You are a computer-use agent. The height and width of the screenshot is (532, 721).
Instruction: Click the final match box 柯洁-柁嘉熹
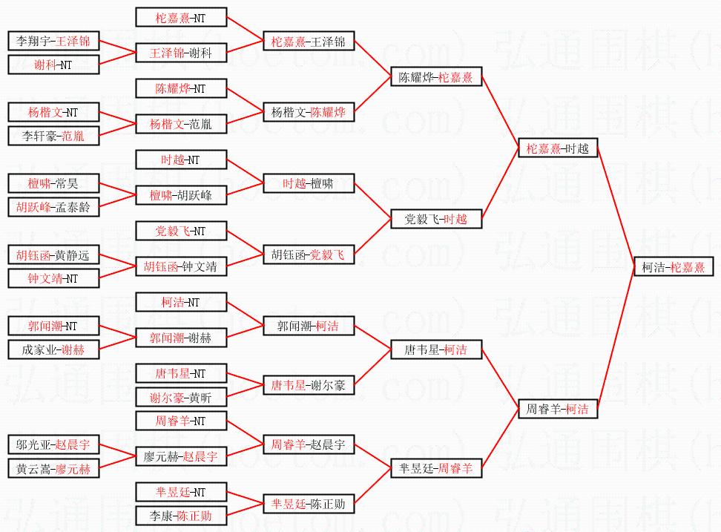click(674, 267)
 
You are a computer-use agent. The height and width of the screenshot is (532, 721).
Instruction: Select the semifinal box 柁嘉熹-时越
click(557, 148)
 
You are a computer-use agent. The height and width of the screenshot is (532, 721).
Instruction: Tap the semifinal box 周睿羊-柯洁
click(557, 408)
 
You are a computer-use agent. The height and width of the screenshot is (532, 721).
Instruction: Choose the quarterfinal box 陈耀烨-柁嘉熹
click(436, 77)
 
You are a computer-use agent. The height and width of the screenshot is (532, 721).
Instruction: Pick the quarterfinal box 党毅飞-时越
click(436, 219)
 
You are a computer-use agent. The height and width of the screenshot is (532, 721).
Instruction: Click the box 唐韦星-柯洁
click(436, 350)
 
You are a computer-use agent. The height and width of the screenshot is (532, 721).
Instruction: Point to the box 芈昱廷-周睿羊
click(436, 468)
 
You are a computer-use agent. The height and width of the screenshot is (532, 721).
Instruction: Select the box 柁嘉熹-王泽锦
click(309, 41)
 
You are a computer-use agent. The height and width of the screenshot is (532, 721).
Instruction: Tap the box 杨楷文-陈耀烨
click(309, 113)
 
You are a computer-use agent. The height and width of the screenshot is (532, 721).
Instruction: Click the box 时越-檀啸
click(309, 183)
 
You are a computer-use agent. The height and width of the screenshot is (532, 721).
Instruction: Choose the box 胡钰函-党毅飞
click(309, 254)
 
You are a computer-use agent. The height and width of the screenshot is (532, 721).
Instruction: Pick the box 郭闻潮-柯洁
click(309, 326)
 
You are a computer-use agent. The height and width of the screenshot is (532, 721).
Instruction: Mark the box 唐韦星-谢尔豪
click(309, 385)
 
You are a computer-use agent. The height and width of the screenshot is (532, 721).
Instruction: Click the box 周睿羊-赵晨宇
click(309, 445)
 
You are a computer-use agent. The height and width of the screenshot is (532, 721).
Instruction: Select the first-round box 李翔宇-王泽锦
click(53, 41)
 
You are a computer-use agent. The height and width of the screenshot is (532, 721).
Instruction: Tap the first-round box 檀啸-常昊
click(53, 183)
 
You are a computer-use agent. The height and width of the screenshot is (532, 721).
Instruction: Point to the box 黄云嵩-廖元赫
click(53, 469)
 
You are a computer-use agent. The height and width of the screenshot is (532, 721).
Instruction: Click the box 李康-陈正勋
click(181, 516)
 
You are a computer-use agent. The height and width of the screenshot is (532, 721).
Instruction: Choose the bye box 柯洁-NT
click(181, 302)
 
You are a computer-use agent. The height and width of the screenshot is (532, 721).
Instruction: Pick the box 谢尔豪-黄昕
click(181, 398)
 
